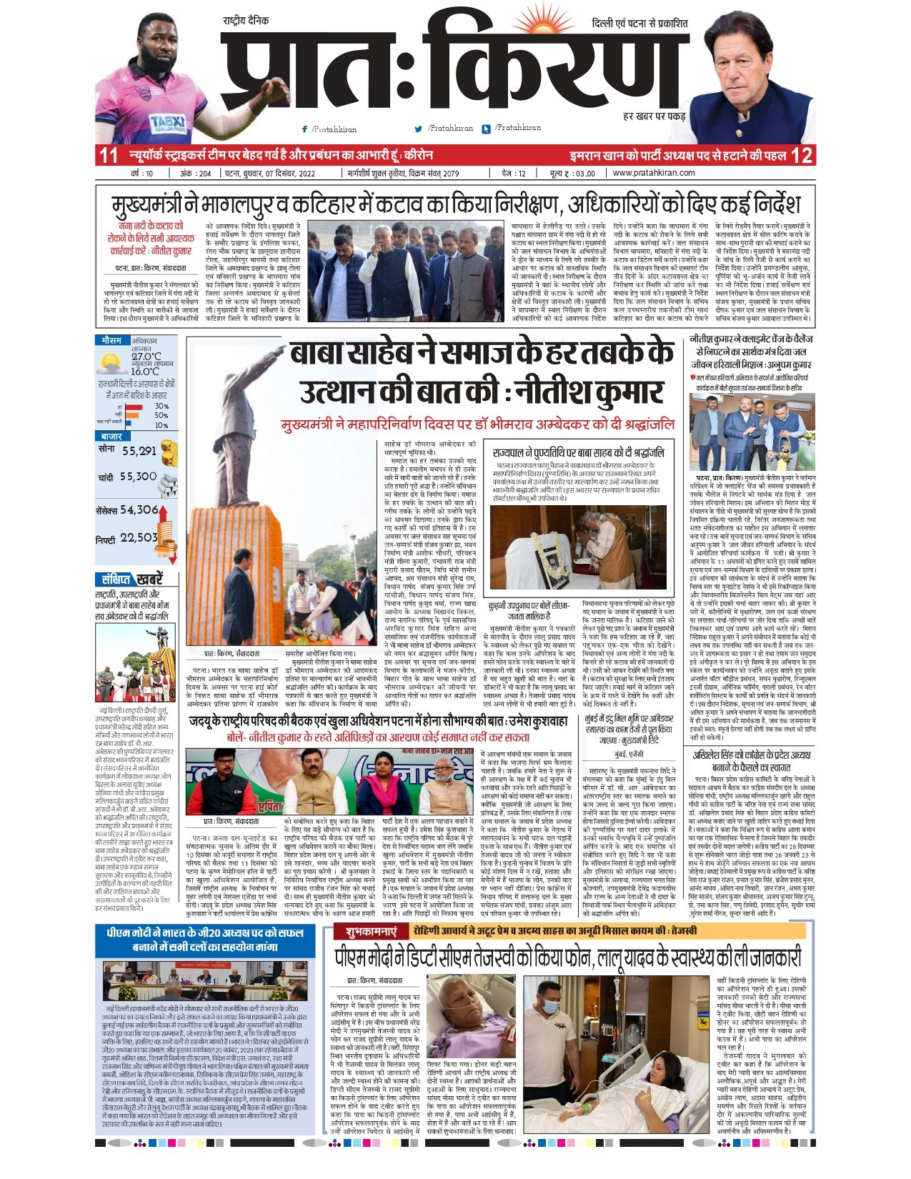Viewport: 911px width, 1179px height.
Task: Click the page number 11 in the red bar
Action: pyautogui.click(x=109, y=155)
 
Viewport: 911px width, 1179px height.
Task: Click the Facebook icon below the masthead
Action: pyautogui.click(x=305, y=129)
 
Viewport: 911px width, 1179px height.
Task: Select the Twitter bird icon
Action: pyautogui.click(x=419, y=129)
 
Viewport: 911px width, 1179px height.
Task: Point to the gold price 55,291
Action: pyautogui.click(x=139, y=451)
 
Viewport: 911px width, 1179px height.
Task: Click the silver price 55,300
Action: pyautogui.click(x=138, y=477)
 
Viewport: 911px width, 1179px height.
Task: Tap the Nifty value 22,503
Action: pyautogui.click(x=139, y=537)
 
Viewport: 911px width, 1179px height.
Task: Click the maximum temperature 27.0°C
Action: pyautogui.click(x=146, y=357)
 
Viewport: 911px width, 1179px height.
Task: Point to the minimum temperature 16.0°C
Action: pyautogui.click(x=145, y=372)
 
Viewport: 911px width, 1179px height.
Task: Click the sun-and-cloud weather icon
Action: pyautogui.click(x=112, y=364)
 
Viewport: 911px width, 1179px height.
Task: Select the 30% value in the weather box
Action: pyautogui.click(x=161, y=406)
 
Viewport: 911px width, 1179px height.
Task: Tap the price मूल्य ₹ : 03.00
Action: pyautogui.click(x=571, y=173)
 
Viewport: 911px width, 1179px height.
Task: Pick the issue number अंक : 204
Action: pyautogui.click(x=195, y=173)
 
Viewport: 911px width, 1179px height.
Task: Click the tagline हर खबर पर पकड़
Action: pyautogui.click(x=654, y=116)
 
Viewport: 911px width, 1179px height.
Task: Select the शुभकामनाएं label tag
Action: pyautogui.click(x=371, y=932)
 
